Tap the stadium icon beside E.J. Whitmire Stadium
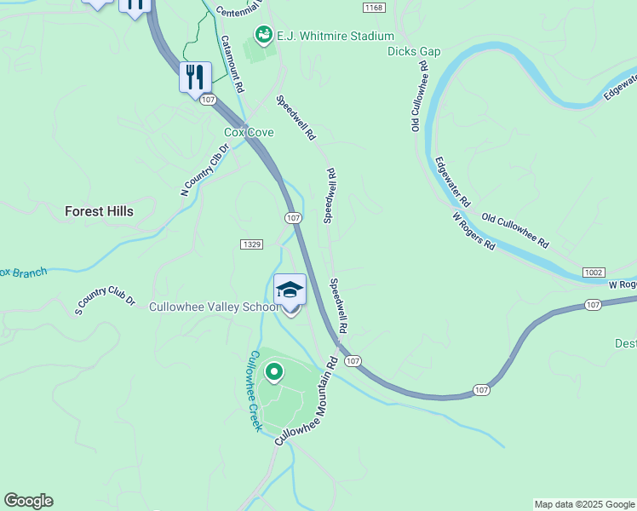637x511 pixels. [x=263, y=35]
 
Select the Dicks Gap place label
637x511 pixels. [x=414, y=51]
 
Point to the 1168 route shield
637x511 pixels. [x=373, y=8]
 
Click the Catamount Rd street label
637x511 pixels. [x=232, y=64]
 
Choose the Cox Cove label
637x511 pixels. [x=249, y=132]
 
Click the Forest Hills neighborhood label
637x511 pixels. [x=99, y=211]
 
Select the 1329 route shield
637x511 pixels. [x=250, y=244]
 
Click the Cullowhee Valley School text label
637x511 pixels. [x=214, y=307]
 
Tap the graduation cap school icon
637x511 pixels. [x=290, y=289]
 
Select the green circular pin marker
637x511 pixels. [x=274, y=371]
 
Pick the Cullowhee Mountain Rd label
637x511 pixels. [x=307, y=399]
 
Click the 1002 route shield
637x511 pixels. [x=594, y=273]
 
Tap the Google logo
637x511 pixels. [x=28, y=501]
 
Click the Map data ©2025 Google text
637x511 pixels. [x=584, y=504]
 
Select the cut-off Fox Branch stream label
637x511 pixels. [x=22, y=273]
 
